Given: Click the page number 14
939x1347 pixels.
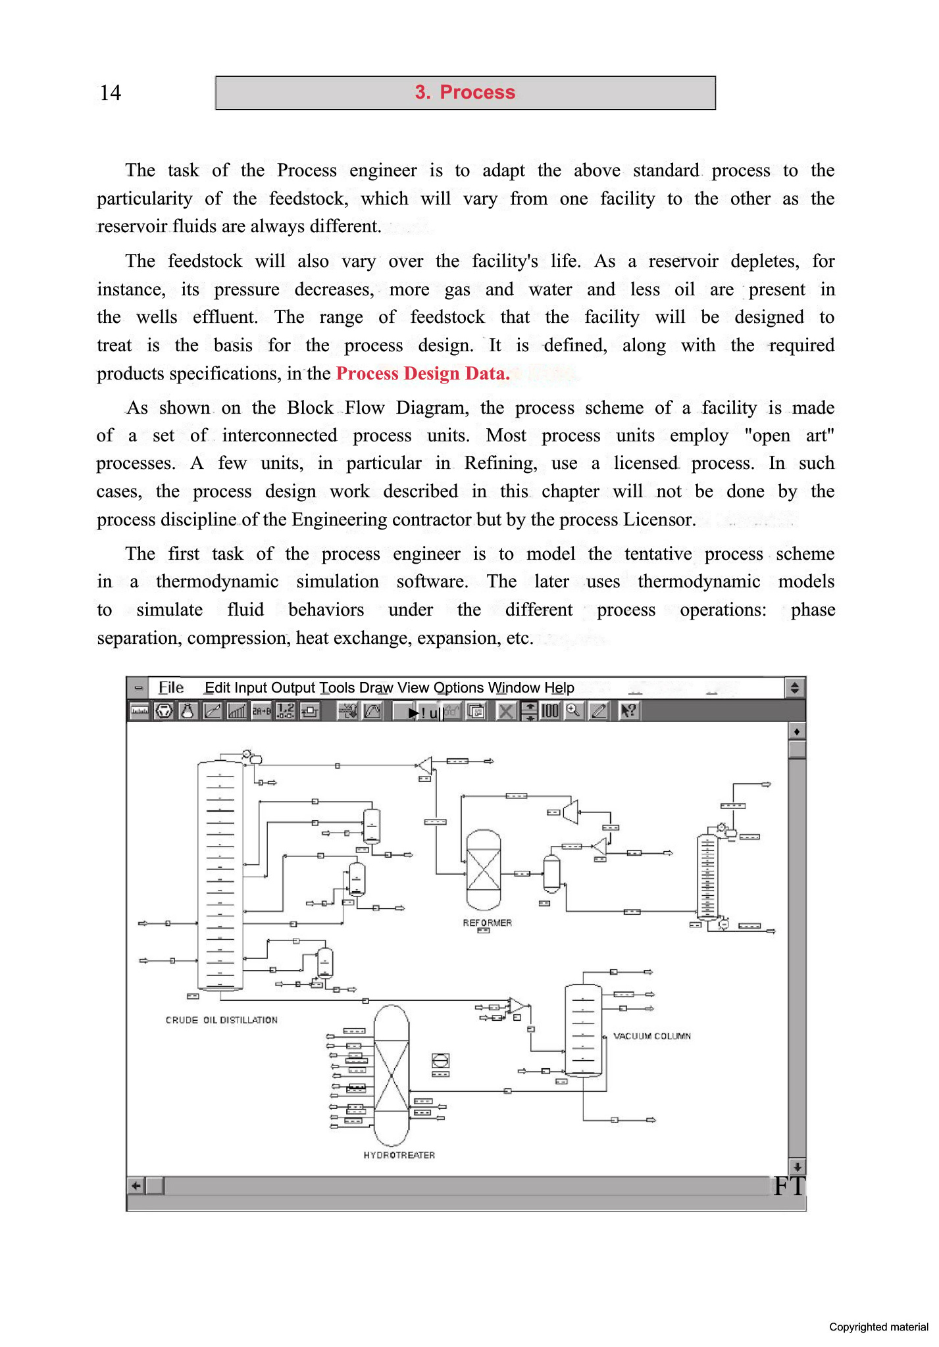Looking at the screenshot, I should tap(111, 93).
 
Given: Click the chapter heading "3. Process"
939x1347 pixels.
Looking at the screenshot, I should tap(465, 93).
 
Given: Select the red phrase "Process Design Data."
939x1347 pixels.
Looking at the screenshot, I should tap(422, 374).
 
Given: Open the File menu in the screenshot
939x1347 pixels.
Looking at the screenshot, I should tap(171, 688).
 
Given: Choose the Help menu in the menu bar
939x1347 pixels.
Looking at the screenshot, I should tap(559, 688).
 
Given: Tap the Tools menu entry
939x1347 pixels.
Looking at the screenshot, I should tap(338, 688).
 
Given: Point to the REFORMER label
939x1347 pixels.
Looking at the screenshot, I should tap(487, 923).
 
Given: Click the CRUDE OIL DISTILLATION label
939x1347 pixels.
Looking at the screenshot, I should tap(221, 1020).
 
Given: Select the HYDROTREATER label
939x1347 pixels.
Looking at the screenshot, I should tap(399, 1155).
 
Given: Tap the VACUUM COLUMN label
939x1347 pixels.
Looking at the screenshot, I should tap(651, 1036).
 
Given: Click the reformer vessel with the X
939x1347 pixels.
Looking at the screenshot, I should tap(484, 869).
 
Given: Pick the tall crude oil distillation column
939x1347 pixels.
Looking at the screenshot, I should tap(220, 875).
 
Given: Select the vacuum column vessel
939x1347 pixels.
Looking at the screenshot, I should tap(583, 1030).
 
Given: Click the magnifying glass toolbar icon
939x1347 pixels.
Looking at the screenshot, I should tap(574, 711).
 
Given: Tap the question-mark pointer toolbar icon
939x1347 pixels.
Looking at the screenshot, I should tap(629, 711).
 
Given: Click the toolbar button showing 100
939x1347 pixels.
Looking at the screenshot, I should tap(549, 711).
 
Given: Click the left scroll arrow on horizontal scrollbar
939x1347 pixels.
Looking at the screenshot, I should tap(136, 1186).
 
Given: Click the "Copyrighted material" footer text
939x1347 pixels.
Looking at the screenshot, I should tap(878, 1327).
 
